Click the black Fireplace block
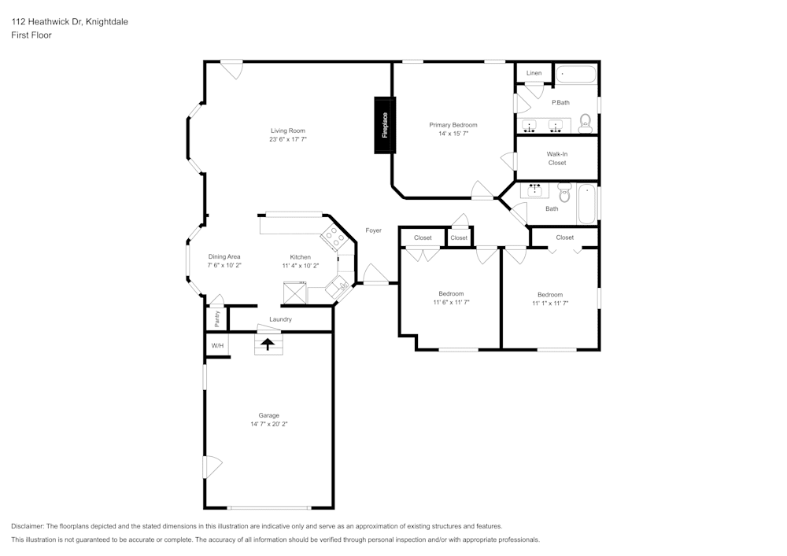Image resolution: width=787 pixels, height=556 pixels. click(x=385, y=125)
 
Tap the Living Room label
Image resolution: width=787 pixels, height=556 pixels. click(x=287, y=131)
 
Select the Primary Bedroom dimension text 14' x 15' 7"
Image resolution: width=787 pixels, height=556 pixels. click(x=453, y=134)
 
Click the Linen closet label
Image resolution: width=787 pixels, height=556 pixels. click(x=534, y=73)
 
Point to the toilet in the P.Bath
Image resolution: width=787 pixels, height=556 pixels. click(x=585, y=122)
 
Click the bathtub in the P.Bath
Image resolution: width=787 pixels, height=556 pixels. click(x=577, y=75)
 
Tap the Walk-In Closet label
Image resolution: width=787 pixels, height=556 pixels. click(x=557, y=158)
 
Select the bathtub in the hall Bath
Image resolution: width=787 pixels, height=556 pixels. click(x=587, y=204)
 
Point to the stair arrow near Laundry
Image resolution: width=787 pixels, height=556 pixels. click(x=268, y=344)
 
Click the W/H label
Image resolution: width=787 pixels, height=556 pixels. click(x=217, y=345)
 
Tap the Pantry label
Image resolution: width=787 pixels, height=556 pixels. click(x=217, y=319)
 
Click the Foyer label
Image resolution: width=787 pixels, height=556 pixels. click(x=373, y=230)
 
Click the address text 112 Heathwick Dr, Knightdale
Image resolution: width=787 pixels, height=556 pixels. click(x=69, y=22)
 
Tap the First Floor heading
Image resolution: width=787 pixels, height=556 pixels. click(x=31, y=35)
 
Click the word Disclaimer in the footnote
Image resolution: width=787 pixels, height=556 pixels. click(x=28, y=526)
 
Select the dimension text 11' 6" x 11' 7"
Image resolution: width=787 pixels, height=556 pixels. click(x=451, y=303)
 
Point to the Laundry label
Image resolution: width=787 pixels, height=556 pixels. click(x=280, y=319)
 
